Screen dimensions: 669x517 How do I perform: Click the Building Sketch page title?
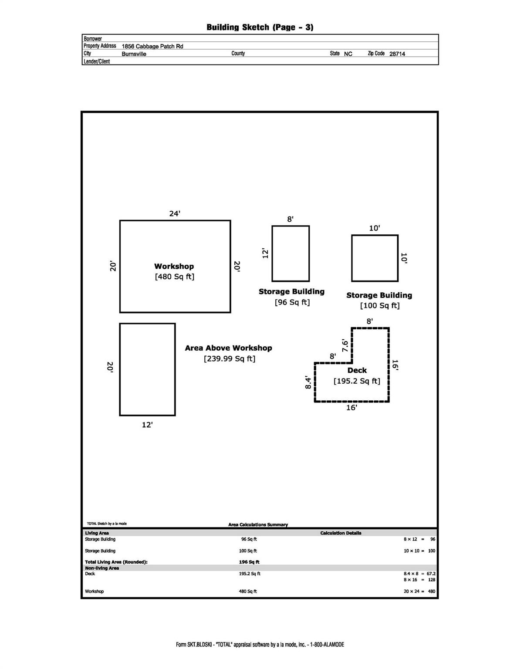pyautogui.click(x=260, y=27)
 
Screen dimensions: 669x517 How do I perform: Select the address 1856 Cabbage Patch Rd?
pyautogui.click(x=152, y=46)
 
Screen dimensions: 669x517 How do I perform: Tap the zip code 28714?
pyautogui.click(x=397, y=54)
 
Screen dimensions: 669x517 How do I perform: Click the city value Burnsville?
pyautogui.click(x=134, y=54)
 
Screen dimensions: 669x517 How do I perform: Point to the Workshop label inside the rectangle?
pyautogui.click(x=174, y=266)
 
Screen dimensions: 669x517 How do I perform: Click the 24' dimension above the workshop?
pyautogui.click(x=175, y=213)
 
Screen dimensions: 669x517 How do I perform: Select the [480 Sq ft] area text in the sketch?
pyautogui.click(x=174, y=277)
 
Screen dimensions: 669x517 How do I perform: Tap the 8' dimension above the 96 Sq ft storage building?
pyautogui.click(x=290, y=219)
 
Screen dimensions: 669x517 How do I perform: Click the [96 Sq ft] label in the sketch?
pyautogui.click(x=292, y=302)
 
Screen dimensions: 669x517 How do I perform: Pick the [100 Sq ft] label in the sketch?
pyautogui.click(x=379, y=306)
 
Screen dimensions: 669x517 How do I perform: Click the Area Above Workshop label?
pyautogui.click(x=228, y=348)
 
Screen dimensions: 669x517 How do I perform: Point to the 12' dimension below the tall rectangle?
pyautogui.click(x=147, y=425)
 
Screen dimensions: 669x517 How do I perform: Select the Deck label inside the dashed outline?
pyautogui.click(x=357, y=370)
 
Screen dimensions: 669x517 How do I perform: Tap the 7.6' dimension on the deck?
pyautogui.click(x=345, y=345)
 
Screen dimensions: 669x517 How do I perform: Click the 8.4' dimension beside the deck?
pyautogui.click(x=308, y=382)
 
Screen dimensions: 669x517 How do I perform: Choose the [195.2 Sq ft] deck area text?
pyautogui.click(x=357, y=381)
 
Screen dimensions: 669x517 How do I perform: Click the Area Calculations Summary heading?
pyautogui.click(x=258, y=525)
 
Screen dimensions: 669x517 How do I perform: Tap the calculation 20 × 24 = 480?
pyautogui.click(x=419, y=591)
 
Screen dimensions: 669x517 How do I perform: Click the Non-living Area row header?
pyautogui.click(x=102, y=568)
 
